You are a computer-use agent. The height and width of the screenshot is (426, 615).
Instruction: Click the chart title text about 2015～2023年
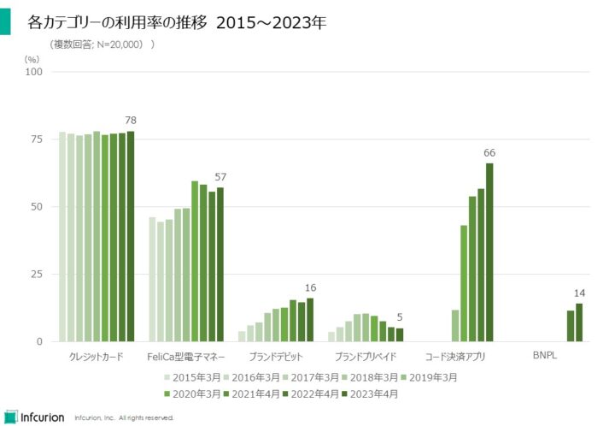(x=178, y=23)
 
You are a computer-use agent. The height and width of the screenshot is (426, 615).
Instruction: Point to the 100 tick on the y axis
(x=34, y=72)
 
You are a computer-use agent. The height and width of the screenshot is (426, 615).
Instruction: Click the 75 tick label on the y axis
(x=37, y=139)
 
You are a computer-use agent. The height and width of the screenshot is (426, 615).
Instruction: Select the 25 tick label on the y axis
(x=37, y=275)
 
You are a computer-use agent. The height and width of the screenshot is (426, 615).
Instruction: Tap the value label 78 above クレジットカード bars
(x=131, y=120)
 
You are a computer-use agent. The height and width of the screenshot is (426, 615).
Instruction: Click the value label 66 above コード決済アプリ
(x=489, y=153)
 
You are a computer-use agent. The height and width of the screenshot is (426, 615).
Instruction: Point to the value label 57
(x=220, y=176)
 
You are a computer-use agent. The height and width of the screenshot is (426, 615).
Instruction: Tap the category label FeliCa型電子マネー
(x=186, y=356)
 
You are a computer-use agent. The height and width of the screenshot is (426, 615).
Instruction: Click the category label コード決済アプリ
(x=454, y=356)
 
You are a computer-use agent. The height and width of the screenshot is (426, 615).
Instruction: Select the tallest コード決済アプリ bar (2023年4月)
(x=489, y=252)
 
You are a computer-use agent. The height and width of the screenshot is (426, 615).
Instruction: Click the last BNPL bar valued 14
(x=578, y=322)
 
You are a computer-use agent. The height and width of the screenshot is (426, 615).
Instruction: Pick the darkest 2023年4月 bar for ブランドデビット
(x=310, y=320)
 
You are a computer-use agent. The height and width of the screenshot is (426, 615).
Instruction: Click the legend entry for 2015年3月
(x=190, y=377)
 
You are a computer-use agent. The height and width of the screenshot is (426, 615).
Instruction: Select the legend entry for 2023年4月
(x=369, y=394)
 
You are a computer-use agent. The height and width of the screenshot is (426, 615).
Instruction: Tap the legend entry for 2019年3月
(x=428, y=377)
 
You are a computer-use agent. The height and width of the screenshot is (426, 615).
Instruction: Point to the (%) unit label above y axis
(x=32, y=59)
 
